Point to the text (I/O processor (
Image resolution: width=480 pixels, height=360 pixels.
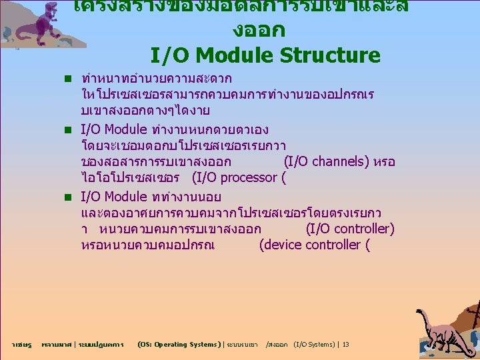[x=239, y=177]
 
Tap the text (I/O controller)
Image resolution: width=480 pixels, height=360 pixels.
[x=350, y=229]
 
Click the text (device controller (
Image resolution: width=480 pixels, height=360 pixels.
[x=314, y=245]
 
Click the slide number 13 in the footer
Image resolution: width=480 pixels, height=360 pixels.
[x=345, y=345]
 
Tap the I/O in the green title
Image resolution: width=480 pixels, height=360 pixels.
[x=167, y=55]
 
